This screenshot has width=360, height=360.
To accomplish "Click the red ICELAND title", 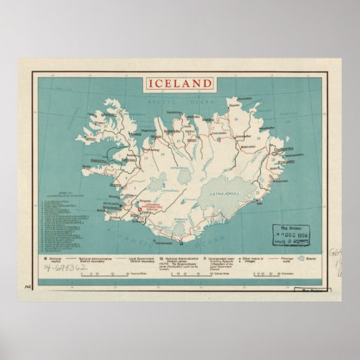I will (x=180, y=84).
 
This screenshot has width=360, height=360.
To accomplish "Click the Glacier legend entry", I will (x=311, y=259).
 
